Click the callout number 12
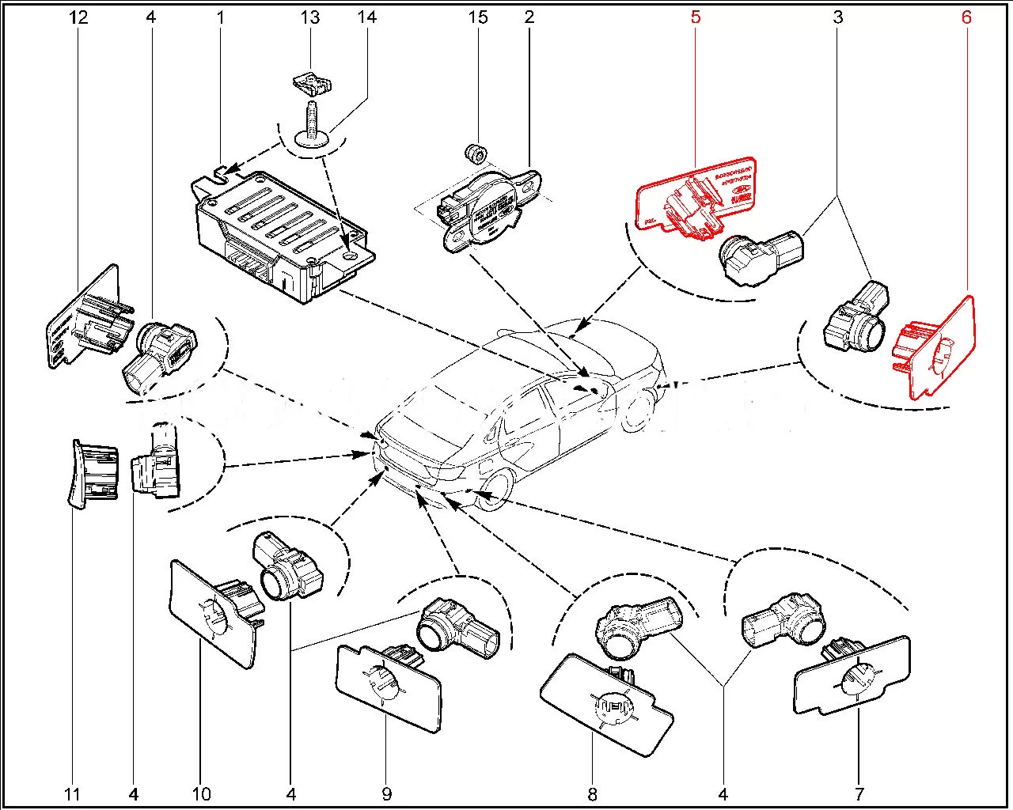click(x=78, y=17)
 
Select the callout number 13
click(x=310, y=17)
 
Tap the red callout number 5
click(x=695, y=17)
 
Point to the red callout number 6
click(x=966, y=17)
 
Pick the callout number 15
click(x=479, y=17)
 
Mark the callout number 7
click(x=860, y=793)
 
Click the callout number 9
click(x=387, y=793)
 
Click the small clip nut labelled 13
click(x=311, y=82)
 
